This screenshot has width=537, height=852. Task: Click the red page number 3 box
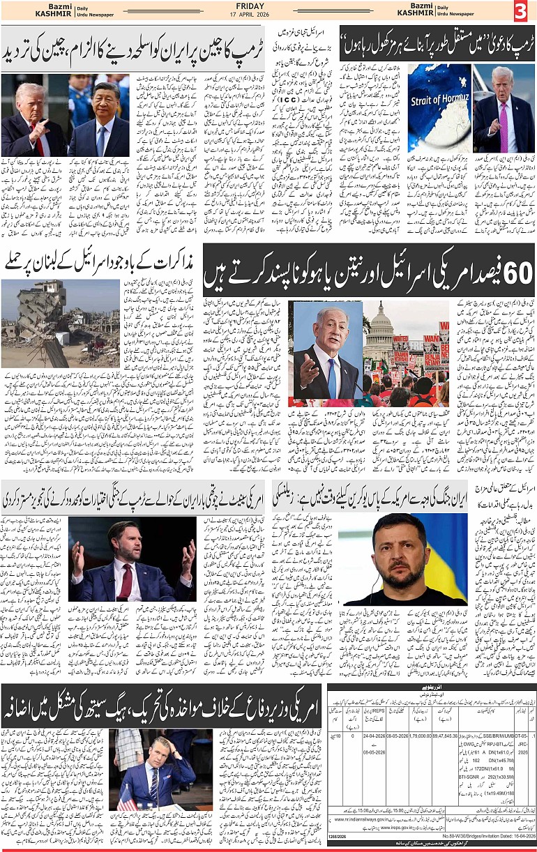(x=522, y=12)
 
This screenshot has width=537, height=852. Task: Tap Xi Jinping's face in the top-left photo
(x=107, y=99)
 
